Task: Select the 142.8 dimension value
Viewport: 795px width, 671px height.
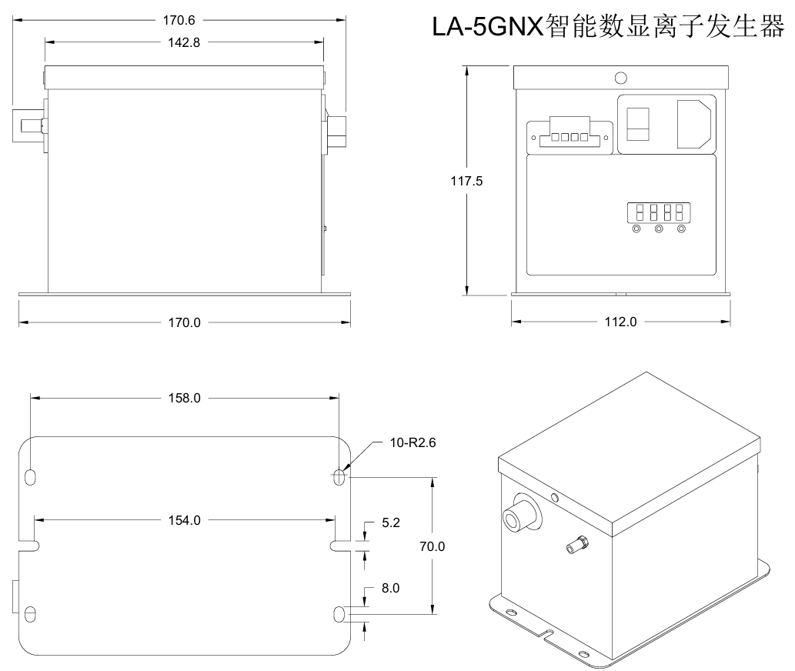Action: [x=184, y=43]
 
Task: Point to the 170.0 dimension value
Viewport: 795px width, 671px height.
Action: [x=184, y=322]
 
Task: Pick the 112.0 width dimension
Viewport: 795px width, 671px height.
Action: [x=621, y=322]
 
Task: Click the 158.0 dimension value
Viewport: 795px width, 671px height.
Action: [x=184, y=399]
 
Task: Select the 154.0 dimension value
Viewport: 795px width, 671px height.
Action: [x=184, y=520]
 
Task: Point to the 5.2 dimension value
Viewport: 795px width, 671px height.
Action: [x=391, y=524]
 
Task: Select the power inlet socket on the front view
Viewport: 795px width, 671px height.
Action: [x=696, y=124]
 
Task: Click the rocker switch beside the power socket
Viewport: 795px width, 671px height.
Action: [x=638, y=124]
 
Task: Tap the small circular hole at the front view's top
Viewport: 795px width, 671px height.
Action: [x=620, y=78]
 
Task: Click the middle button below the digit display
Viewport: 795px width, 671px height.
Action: [x=658, y=229]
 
